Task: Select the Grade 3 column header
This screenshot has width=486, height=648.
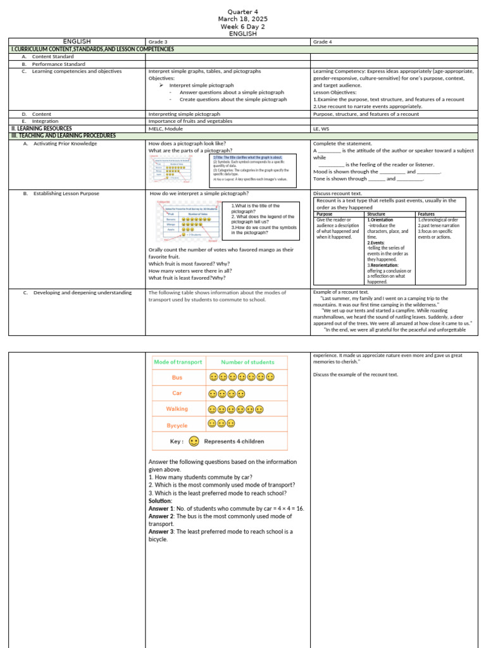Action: [158, 42]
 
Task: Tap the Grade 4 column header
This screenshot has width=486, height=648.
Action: [323, 42]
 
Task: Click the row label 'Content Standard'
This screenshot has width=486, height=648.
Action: [53, 56]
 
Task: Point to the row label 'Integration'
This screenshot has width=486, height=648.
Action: [45, 121]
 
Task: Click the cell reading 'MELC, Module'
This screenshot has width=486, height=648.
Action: [166, 128]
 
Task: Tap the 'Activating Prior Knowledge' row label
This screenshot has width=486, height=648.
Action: [65, 144]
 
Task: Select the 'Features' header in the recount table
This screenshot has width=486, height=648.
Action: [426, 214]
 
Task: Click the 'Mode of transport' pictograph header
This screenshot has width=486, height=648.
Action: [178, 362]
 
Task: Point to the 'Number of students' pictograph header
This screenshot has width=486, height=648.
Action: [247, 362]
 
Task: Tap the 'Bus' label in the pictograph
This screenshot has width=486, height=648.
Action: [177, 377]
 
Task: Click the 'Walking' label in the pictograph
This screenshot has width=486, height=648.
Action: [177, 409]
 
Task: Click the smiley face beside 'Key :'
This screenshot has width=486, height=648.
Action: [194, 441]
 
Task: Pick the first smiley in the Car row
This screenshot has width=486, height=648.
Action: [213, 394]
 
